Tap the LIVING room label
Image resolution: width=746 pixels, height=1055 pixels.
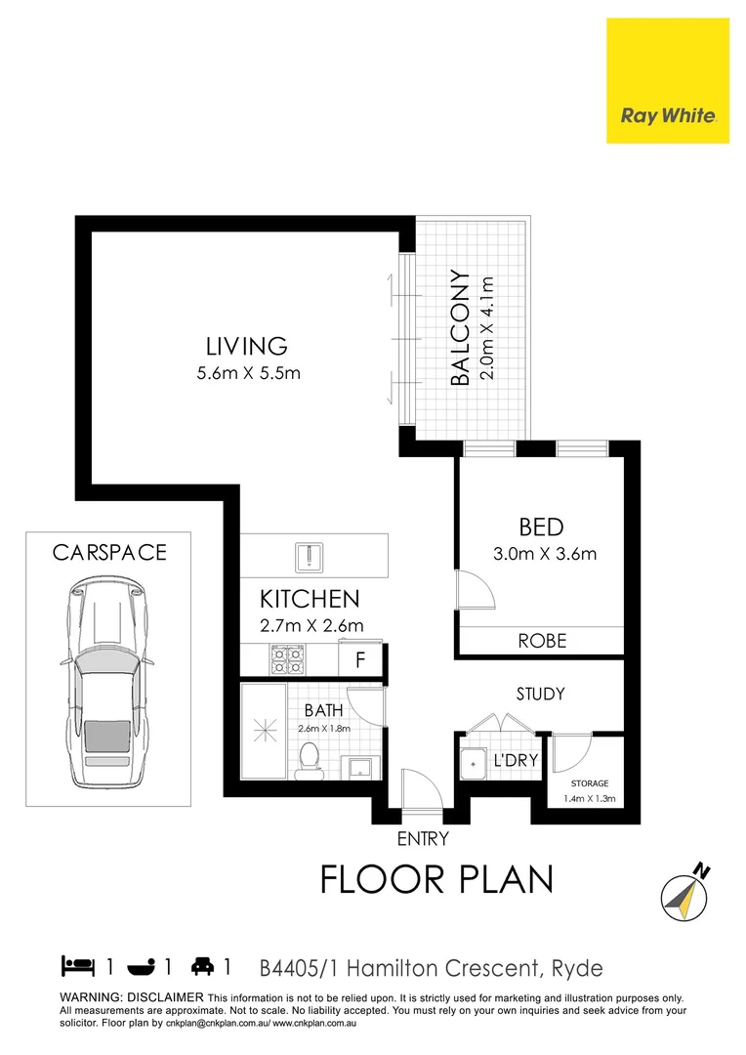tap(246, 346)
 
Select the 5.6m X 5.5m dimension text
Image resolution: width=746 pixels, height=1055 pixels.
tap(246, 372)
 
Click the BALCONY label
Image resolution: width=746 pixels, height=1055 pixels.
tap(460, 328)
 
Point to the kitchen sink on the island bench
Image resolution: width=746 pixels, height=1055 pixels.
tap(309, 556)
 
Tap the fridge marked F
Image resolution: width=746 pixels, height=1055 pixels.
tap(360, 659)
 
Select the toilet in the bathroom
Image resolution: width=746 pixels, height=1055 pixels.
tap(309, 757)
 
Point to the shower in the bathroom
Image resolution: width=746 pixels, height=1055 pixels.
tap(266, 730)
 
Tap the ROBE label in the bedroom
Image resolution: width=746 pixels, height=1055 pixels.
tap(541, 642)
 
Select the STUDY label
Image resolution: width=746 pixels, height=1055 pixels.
tap(540, 695)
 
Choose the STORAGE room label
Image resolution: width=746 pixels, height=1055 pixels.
tap(589, 783)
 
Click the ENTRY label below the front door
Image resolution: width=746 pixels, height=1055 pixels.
tap(422, 838)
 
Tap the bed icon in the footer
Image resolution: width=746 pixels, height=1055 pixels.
tap(77, 967)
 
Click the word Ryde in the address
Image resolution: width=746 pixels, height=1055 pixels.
tap(577, 968)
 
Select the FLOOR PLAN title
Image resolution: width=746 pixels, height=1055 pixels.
tap(436, 879)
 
